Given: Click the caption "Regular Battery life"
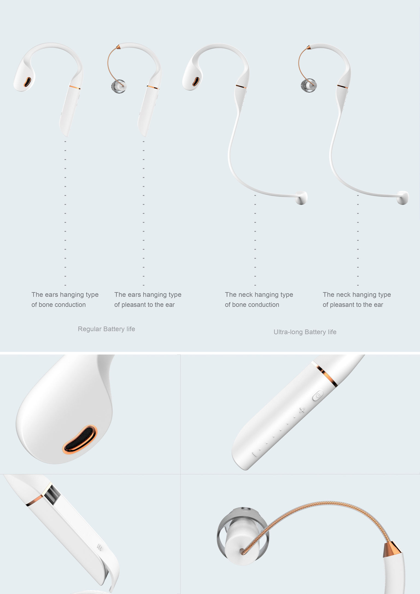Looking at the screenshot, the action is tap(106, 329).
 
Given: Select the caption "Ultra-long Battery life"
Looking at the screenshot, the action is tap(305, 332).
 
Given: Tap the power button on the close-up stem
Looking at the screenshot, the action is tap(318, 395).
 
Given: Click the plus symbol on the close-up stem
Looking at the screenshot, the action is tap(302, 410).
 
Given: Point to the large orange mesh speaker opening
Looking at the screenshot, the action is tap(80, 439).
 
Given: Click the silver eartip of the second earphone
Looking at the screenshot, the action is tap(119, 86).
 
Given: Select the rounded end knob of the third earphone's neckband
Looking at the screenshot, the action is tap(301, 198).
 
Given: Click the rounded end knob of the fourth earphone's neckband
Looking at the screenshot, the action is tap(403, 198).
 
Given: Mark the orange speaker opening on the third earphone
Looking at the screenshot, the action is tap(196, 81).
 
